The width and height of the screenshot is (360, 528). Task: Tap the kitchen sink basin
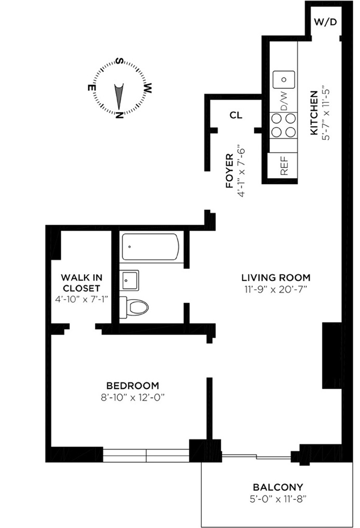coord(284,80)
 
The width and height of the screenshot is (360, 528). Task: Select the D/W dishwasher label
coord(284,101)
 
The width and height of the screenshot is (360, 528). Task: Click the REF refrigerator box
coord(282,165)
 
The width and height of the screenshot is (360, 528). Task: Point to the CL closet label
coord(236,115)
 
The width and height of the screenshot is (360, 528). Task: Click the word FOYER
coord(230,171)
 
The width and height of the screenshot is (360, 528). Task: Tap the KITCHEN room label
coord(313,113)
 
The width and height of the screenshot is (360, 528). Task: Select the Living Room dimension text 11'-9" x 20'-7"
coord(276,289)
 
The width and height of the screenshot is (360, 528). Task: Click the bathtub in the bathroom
coord(150,247)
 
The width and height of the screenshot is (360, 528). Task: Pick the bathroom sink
coord(130,280)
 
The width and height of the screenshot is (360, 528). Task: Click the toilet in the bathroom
coord(134,307)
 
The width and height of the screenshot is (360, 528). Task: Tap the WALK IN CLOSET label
coord(82,283)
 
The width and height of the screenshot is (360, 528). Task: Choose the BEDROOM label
coord(133,385)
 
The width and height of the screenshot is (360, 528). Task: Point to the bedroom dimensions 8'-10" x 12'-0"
coord(133,398)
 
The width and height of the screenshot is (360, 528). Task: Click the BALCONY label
coord(278,487)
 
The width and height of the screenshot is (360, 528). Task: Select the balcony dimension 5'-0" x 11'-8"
coord(278,499)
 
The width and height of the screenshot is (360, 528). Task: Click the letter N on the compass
coord(119,115)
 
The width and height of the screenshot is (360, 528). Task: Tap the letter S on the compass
coord(120,62)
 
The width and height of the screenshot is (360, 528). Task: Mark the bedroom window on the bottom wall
coord(146,455)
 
